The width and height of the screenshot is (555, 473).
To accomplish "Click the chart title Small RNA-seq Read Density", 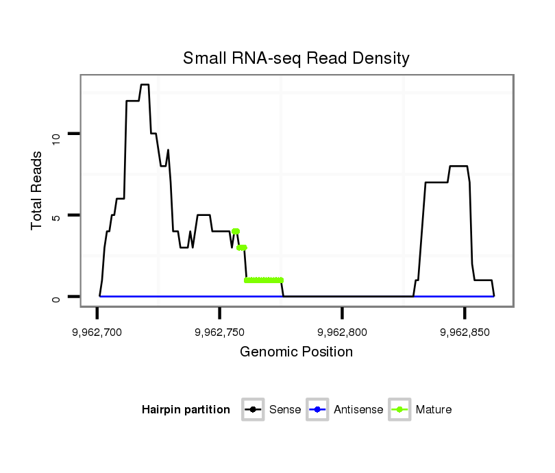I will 296,58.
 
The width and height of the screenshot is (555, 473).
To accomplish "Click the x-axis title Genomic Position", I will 296,352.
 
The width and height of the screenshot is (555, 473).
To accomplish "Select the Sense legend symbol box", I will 253,410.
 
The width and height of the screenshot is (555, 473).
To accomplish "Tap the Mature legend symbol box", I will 399,410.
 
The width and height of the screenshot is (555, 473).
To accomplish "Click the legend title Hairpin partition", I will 186,410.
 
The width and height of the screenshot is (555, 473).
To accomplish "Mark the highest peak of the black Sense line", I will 145,85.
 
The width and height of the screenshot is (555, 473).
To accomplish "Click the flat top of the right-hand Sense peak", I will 458,167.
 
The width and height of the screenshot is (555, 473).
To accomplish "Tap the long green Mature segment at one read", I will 264,280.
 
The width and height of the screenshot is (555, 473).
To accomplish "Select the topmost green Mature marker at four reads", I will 236,231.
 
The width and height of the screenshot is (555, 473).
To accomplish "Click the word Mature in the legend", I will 433,410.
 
